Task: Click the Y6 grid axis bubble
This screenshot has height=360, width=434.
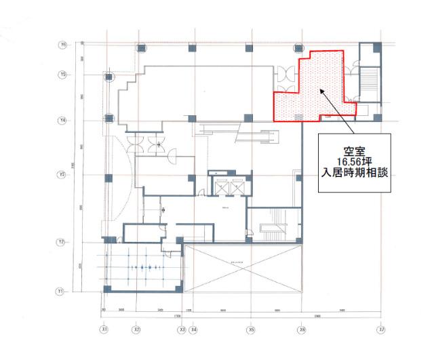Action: (62, 45)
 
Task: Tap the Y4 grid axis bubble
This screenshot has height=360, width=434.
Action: (62, 120)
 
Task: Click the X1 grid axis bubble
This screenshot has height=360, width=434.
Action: (104, 329)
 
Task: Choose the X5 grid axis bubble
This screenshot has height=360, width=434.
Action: (251, 329)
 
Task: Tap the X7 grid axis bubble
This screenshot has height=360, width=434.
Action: (381, 329)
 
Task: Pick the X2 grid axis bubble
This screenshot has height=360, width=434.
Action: (137, 329)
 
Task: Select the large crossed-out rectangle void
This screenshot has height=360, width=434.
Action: (242, 268)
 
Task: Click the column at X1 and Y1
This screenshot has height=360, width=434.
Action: (107, 289)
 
